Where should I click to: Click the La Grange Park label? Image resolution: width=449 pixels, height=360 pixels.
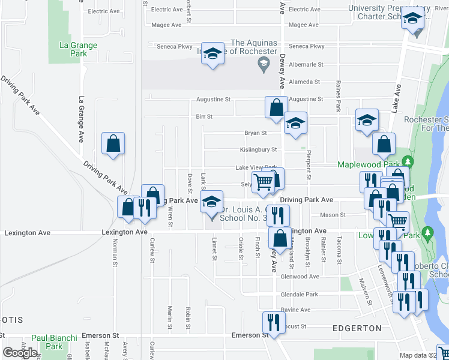pyautogui.click(x=73, y=49)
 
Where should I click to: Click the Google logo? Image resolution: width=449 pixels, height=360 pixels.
pyautogui.click(x=20, y=353)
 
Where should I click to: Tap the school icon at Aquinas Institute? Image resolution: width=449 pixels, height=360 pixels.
pyautogui.click(x=212, y=53)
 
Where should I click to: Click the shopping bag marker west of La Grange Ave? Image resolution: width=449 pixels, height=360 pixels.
pyautogui.click(x=113, y=144)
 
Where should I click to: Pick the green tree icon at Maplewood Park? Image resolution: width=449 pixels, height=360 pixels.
pyautogui.click(x=408, y=162)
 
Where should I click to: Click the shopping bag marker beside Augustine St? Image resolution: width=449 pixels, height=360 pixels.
pyautogui.click(x=276, y=107)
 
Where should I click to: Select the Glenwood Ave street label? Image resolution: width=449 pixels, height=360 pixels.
pyautogui.click(x=300, y=277)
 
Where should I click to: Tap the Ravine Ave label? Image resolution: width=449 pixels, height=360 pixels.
pyautogui.click(x=297, y=310)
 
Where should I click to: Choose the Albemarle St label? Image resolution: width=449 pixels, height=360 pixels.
pyautogui.click(x=306, y=64)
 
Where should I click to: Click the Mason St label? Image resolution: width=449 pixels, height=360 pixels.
pyautogui.click(x=333, y=214)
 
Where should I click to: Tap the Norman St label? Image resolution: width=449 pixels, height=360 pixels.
pyautogui.click(x=115, y=249)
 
